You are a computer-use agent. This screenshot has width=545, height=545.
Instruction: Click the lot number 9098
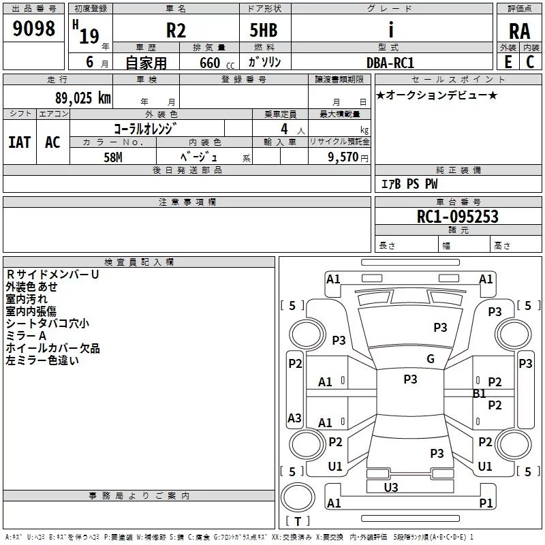[33, 28]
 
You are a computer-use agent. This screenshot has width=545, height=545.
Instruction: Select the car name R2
[176, 30]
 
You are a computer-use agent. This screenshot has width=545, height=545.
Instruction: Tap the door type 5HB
[264, 30]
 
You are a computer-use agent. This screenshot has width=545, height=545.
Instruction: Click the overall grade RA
[519, 31]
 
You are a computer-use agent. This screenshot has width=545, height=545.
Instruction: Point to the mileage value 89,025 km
[83, 98]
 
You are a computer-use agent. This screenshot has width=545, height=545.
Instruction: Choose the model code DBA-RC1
[390, 63]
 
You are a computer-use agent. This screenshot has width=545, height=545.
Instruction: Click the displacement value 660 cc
[217, 63]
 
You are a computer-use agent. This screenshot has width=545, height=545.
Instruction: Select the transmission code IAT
[20, 142]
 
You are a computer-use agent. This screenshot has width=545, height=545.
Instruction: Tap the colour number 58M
[113, 157]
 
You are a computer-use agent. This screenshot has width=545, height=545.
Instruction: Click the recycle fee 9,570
[343, 157]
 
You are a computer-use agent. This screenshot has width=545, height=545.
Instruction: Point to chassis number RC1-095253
[457, 217]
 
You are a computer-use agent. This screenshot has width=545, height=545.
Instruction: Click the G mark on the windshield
[431, 358]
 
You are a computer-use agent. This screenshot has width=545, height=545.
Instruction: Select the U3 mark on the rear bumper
[390, 487]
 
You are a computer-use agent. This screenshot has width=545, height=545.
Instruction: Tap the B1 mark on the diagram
[479, 394]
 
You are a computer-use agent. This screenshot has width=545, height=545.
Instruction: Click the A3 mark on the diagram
[294, 418]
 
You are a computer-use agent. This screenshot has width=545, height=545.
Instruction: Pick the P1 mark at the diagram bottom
[486, 503]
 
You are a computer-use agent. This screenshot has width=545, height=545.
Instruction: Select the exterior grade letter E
[508, 62]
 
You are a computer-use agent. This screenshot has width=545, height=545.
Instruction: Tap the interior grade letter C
[530, 62]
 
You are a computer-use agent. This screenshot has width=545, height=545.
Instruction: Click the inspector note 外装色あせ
[31, 287]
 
